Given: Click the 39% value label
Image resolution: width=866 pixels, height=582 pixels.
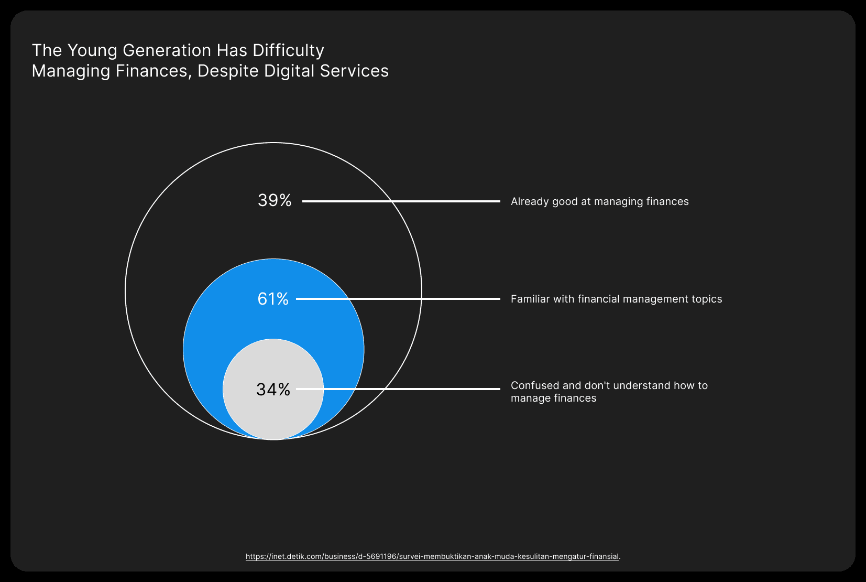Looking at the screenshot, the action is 275,200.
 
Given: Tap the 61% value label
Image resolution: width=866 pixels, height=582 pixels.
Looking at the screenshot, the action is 273,299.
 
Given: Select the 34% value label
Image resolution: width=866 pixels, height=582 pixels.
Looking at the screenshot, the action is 273,389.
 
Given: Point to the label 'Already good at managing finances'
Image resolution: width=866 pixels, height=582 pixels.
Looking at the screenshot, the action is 600,202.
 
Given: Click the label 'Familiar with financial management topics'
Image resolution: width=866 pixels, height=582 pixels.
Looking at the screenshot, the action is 616,299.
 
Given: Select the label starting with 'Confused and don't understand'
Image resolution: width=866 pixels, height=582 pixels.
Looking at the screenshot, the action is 609,392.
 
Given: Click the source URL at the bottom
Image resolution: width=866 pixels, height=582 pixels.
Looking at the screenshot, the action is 432,556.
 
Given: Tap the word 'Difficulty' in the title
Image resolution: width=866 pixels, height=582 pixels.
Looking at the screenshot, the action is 289,51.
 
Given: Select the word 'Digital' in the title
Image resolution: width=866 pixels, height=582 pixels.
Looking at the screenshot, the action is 289,71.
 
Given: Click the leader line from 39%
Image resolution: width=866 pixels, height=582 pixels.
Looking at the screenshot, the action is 401,201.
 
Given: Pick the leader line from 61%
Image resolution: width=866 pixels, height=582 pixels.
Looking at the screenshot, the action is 398,299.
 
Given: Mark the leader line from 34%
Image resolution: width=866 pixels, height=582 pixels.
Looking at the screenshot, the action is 398,389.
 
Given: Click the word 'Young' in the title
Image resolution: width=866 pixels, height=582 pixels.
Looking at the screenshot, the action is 92,51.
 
